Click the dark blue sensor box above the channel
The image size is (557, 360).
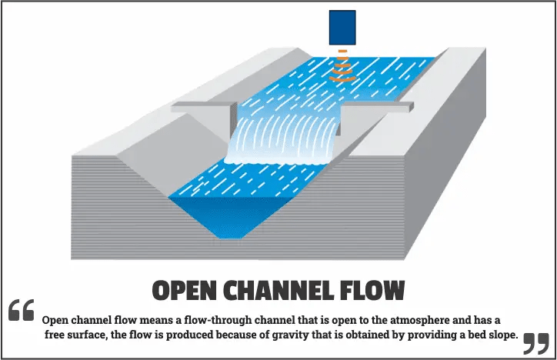(x=342, y=27)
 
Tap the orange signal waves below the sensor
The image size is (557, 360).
(x=342, y=68)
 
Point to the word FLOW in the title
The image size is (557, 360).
(x=376, y=291)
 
